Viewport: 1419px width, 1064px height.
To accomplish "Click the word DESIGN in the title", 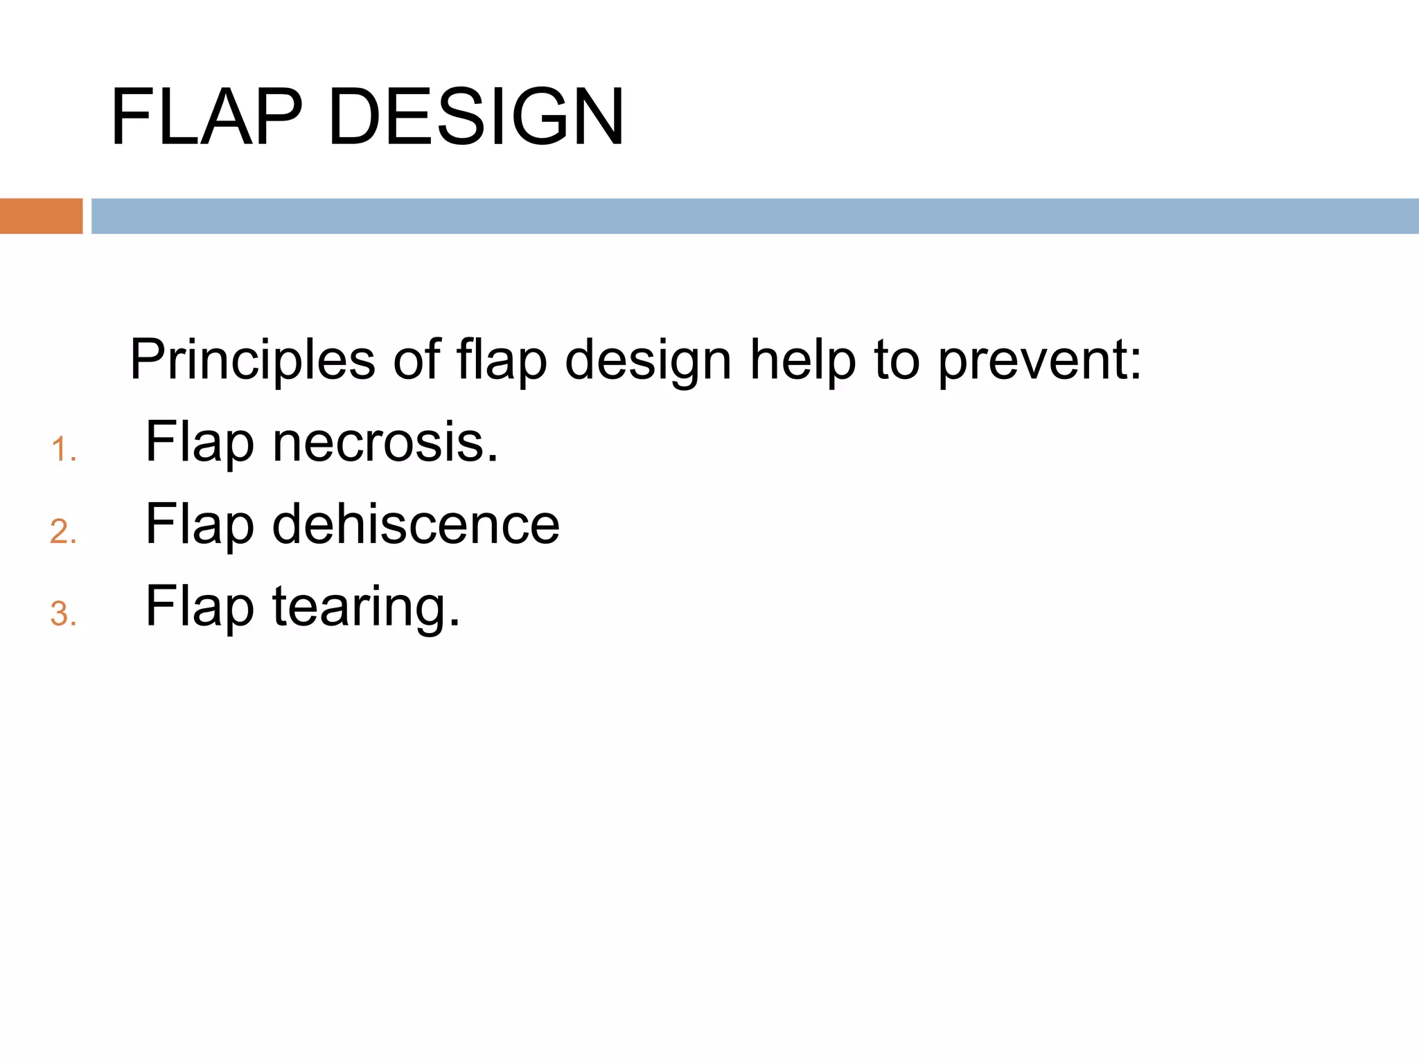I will click(x=477, y=118).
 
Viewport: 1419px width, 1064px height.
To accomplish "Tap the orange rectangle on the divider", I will click(x=41, y=216).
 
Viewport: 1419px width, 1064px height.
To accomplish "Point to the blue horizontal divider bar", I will click(x=755, y=216).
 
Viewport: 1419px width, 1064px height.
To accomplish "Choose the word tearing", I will click(x=366, y=607).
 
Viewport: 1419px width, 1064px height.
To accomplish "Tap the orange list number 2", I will click(x=62, y=532).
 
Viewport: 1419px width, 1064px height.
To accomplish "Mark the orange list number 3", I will click(x=62, y=614).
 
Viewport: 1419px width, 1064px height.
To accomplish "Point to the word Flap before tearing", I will click(x=200, y=607).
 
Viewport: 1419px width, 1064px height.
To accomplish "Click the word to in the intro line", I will click(x=896, y=360).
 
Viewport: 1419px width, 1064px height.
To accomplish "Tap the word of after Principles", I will click(x=416, y=360).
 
